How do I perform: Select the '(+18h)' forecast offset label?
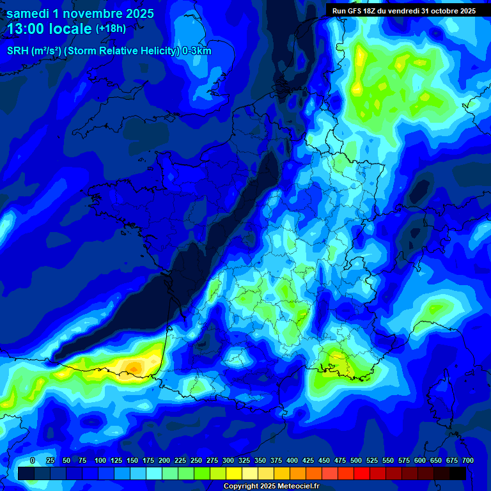point(111,29)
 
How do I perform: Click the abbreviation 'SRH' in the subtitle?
point(19,51)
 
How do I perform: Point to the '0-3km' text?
point(197,51)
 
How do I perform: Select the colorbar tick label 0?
point(33,460)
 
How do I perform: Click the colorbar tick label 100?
point(100,460)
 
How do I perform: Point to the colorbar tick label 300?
point(228,460)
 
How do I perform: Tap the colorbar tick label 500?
point(356,460)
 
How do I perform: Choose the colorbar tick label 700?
point(467,460)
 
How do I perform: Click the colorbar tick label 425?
point(308,460)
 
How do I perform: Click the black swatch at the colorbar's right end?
point(458,473)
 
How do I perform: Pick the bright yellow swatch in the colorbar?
point(234,473)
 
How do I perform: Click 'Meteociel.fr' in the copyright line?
point(296,487)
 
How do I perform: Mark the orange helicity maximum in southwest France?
point(133,367)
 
